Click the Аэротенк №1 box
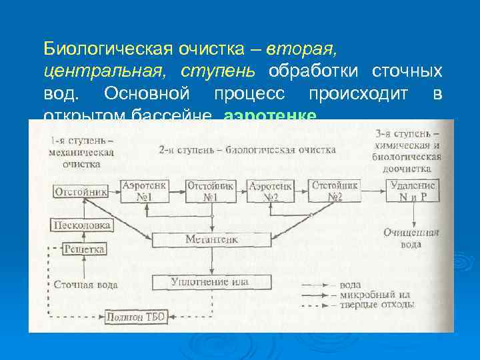click(145, 191)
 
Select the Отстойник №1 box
click(210, 191)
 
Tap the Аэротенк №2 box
click(273, 191)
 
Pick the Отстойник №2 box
click(336, 191)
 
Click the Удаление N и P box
click(413, 191)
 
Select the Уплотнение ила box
click(210, 282)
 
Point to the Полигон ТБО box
click(136, 317)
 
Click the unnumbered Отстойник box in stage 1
click(81, 192)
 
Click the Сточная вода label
click(85, 285)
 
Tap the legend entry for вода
click(352, 285)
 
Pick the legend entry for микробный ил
click(367, 294)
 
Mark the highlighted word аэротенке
click(270, 115)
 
